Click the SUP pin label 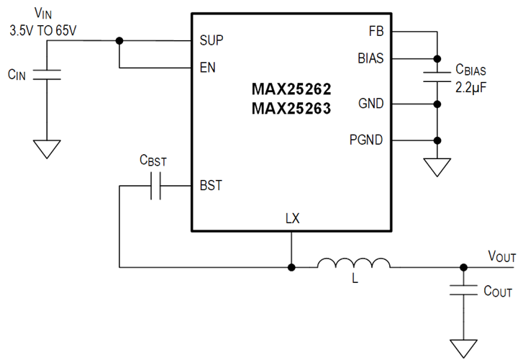212,40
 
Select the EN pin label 207,68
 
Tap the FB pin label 376,32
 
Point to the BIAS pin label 370,58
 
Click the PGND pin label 366,140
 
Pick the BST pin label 211,186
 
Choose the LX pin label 293,218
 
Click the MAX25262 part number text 291,89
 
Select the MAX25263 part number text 291,109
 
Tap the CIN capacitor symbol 47,75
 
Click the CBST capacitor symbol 156,186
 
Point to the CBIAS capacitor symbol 437,76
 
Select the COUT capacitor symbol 463,290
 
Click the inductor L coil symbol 353,263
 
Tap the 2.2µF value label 471,88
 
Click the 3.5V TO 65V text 43,31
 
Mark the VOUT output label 502,256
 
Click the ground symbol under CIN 47,149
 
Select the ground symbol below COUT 463,348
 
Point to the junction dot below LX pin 291,268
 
